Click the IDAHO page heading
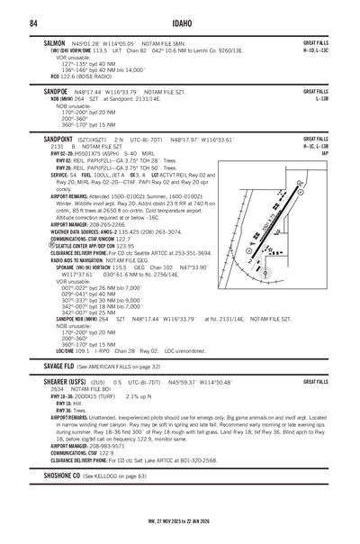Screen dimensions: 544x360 (180, 22)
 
